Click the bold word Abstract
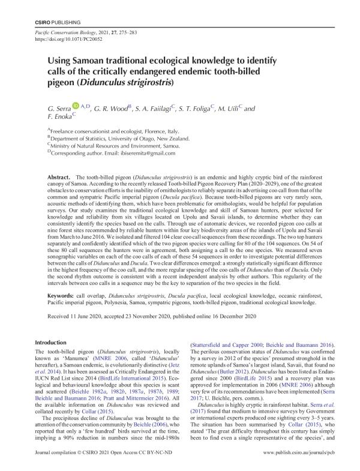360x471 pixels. pyautogui.click(x=59, y=179)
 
